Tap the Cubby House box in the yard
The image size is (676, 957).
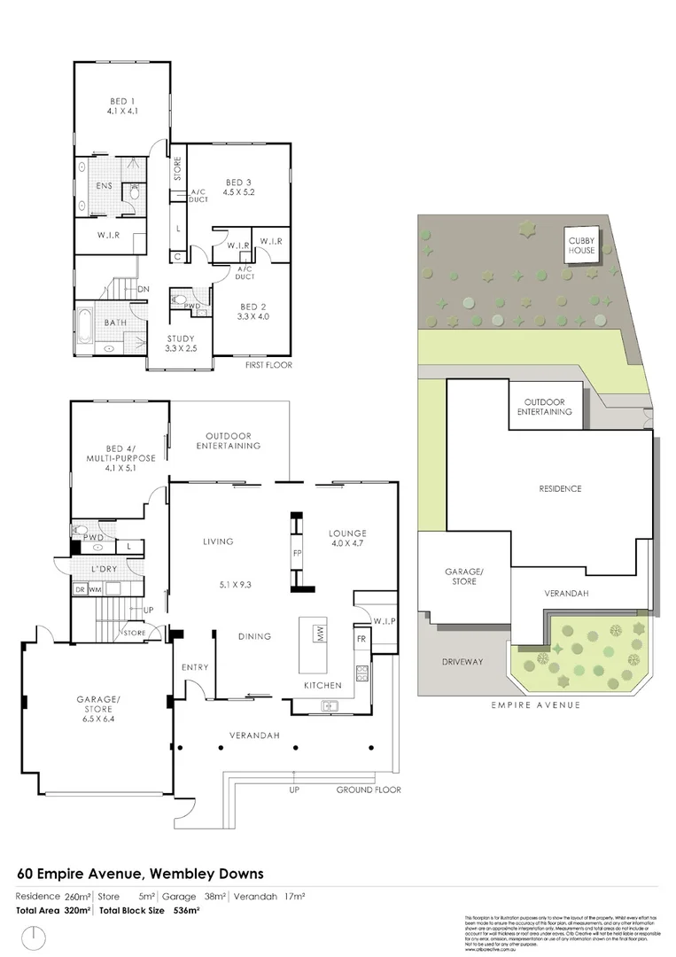tap(582, 244)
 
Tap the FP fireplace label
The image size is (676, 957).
tap(297, 552)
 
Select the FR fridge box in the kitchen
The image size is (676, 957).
tap(361, 638)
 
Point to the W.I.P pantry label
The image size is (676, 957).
tap(384, 620)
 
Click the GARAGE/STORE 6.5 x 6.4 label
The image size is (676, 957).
tap(97, 710)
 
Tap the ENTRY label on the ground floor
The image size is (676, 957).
tap(194, 667)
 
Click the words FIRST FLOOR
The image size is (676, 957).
tap(269, 364)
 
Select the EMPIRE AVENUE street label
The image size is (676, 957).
tap(534, 704)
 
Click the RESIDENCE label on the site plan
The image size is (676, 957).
tap(560, 488)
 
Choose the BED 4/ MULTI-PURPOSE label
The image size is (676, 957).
tap(118, 454)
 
